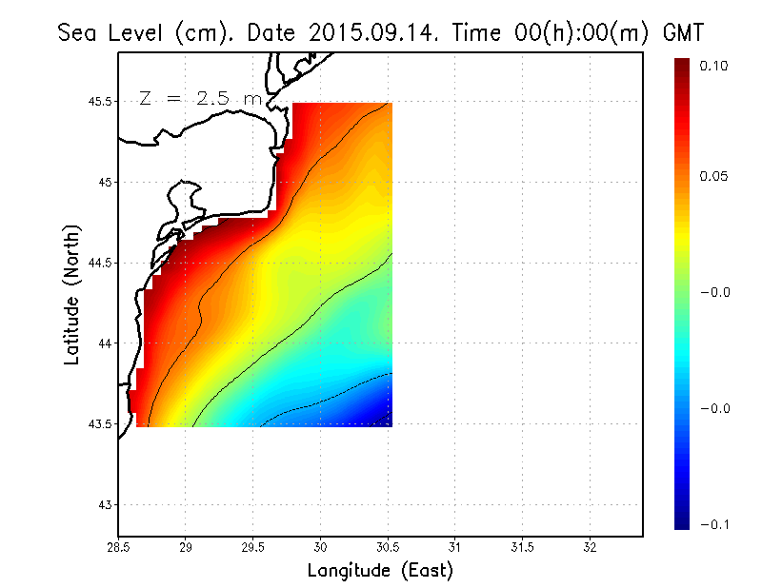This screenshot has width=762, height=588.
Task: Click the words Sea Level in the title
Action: point(112,32)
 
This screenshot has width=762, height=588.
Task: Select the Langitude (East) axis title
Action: point(380,571)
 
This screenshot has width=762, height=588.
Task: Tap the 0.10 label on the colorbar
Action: point(717,66)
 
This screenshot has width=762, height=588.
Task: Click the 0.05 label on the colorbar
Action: point(717,177)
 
